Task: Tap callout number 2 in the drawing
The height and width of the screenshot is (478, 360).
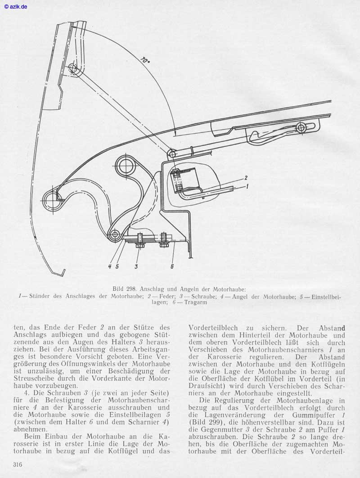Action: (x=246, y=177)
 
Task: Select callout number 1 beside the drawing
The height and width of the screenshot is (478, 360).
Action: (x=247, y=185)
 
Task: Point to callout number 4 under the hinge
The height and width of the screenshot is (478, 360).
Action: (x=109, y=266)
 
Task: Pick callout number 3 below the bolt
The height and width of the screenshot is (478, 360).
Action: (x=136, y=266)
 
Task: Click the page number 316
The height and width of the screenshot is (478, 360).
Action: (x=18, y=464)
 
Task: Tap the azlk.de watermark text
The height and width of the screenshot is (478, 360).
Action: (x=15, y=6)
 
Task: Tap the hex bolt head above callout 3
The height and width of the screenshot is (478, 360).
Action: (x=139, y=245)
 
